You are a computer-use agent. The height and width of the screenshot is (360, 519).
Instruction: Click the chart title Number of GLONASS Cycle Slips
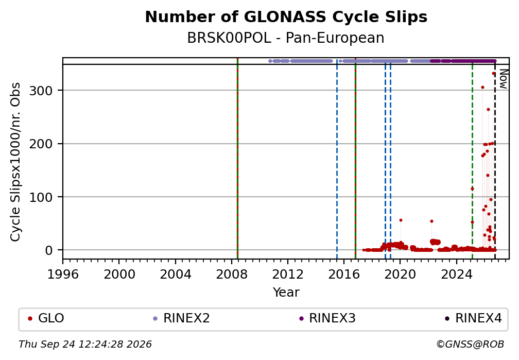tap(286, 17)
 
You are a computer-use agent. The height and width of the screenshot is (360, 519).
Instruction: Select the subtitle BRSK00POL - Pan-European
tap(286, 38)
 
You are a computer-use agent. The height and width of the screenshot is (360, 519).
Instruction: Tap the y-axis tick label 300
tap(41, 91)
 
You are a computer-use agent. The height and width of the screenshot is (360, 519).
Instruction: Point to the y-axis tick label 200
tap(41, 144)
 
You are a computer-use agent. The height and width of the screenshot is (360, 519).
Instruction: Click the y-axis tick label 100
tap(41, 197)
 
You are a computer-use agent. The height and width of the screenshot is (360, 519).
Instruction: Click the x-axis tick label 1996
tap(63, 275)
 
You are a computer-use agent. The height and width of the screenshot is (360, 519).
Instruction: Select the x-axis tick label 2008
tap(232, 275)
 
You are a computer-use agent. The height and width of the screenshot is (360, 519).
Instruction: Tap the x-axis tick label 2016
tap(344, 275)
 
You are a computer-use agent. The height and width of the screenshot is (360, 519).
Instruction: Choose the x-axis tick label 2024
tap(456, 275)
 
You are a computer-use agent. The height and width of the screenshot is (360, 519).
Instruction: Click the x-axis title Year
tap(286, 293)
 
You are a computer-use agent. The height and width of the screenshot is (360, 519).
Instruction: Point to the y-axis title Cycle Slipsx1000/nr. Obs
tap(15, 162)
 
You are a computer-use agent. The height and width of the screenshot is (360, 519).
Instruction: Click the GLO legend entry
tap(46, 318)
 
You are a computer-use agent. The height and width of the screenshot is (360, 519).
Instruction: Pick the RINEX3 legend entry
tap(327, 318)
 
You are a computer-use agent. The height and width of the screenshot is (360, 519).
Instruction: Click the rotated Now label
tap(503, 79)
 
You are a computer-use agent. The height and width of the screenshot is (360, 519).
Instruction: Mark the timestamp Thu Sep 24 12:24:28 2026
tap(85, 345)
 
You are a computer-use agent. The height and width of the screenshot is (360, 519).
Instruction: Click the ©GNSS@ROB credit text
tap(470, 345)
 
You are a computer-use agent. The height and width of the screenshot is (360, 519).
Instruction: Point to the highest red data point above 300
tap(493, 74)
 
